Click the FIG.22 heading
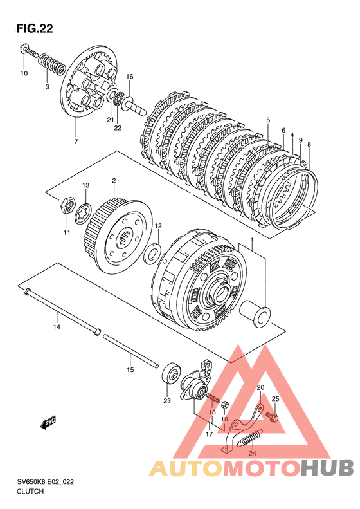pyautogui.click(x=35, y=28)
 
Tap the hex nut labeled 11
pyautogui.click(x=67, y=205)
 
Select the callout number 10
pyautogui.click(x=24, y=73)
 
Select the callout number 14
pyautogui.click(x=57, y=327)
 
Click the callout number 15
pyautogui.click(x=130, y=370)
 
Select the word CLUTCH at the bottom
pyautogui.click(x=30, y=491)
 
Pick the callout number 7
pyautogui.click(x=76, y=142)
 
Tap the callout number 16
pyautogui.click(x=130, y=77)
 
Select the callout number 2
pyautogui.click(x=114, y=180)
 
